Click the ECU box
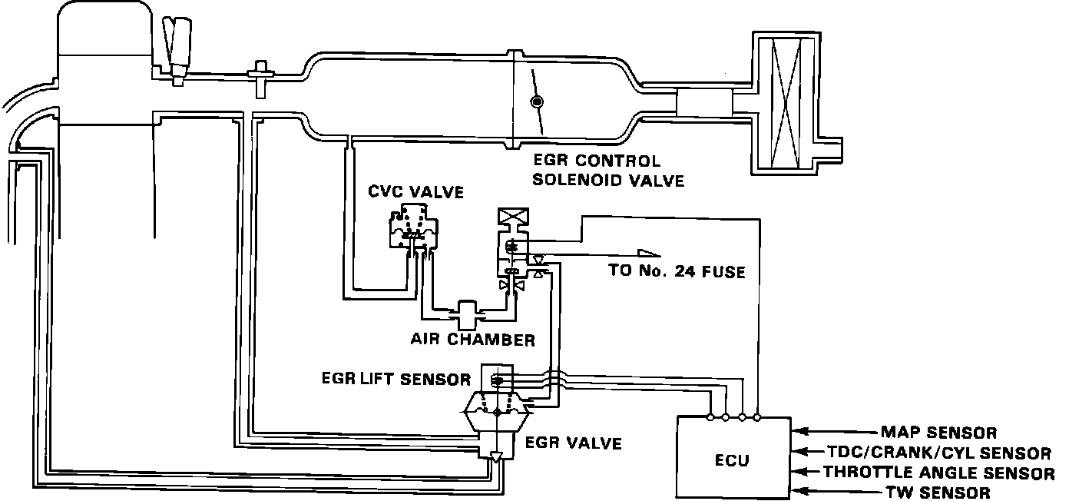(x=733, y=459)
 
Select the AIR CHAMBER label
(x=472, y=340)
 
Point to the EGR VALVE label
(x=573, y=443)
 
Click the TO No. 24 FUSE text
(x=676, y=271)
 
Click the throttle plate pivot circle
(x=537, y=101)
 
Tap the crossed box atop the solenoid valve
(x=510, y=218)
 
